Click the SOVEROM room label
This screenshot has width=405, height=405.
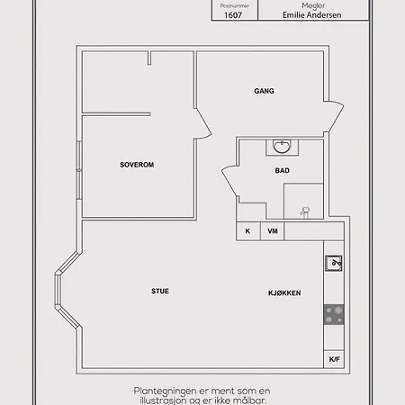pyautogui.click(x=137, y=165)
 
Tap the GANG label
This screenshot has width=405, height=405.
pyautogui.click(x=264, y=91)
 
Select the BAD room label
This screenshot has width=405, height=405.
pyautogui.click(x=283, y=170)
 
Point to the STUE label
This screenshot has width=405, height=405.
pyautogui.click(x=160, y=291)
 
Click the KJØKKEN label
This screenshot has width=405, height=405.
pyautogui.click(x=284, y=293)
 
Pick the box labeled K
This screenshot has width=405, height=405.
pyautogui.click(x=248, y=231)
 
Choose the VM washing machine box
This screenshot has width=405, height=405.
pyautogui.click(x=272, y=231)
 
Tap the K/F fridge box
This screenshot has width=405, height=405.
pyautogui.click(x=334, y=359)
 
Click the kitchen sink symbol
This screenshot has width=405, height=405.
pyautogui.click(x=334, y=263)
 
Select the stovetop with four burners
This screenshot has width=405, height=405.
pyautogui.click(x=334, y=314)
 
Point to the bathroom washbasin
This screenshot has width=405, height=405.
pyautogui.click(x=282, y=147)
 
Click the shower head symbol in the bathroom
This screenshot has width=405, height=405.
pyautogui.click(x=305, y=211)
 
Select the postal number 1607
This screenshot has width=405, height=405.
pyautogui.click(x=233, y=15)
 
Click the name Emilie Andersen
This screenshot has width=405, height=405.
pyautogui.click(x=312, y=15)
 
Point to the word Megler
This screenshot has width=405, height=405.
pyautogui.click(x=313, y=5)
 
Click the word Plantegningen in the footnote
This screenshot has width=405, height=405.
pyautogui.click(x=165, y=391)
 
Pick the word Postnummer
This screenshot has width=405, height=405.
pyautogui.click(x=235, y=5)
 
